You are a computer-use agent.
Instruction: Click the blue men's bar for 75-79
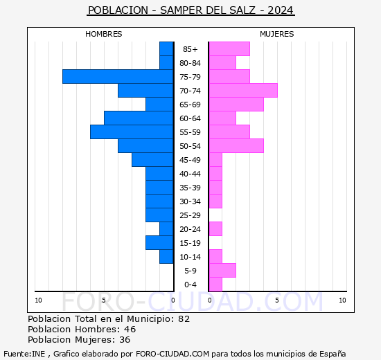tap(118, 77)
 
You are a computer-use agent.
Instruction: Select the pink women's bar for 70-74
tap(243, 91)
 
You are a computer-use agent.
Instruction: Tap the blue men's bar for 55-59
tap(132, 132)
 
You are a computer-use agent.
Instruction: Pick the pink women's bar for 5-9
tap(222, 271)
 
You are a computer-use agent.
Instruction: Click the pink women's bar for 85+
tap(229, 49)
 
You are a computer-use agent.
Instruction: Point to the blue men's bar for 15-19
tap(159, 243)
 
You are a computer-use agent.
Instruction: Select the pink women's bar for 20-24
tap(215, 229)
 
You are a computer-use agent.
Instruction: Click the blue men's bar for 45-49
tap(152, 160)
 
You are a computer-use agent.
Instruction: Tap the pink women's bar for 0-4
tap(215, 285)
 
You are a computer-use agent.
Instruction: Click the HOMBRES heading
tap(103, 34)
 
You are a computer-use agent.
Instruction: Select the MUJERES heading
tap(277, 34)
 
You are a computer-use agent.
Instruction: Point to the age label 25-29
tap(190, 215)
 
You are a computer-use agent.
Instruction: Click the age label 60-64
tap(190, 118)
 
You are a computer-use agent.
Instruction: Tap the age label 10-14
tap(190, 257)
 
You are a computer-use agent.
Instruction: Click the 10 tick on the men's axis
tap(38, 300)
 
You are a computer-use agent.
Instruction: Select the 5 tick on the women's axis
tap(277, 300)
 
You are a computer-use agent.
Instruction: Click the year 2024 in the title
tap(281, 10)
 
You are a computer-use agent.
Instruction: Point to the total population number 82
tap(184, 318)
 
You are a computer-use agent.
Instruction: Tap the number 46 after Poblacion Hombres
tap(130, 329)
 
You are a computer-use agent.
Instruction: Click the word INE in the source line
tap(38, 354)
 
